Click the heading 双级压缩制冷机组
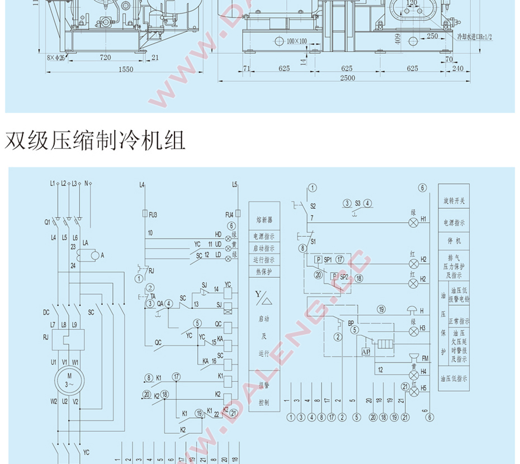(x=95, y=140)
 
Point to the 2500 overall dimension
(x=347, y=78)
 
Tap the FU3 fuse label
(x=154, y=214)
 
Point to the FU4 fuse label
(x=229, y=214)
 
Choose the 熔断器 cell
(x=264, y=220)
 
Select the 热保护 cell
(x=264, y=271)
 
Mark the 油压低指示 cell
(x=453, y=379)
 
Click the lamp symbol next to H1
(x=414, y=223)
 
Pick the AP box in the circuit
(x=366, y=351)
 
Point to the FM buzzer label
(x=426, y=358)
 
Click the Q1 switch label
(x=48, y=222)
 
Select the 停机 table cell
(x=453, y=241)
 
